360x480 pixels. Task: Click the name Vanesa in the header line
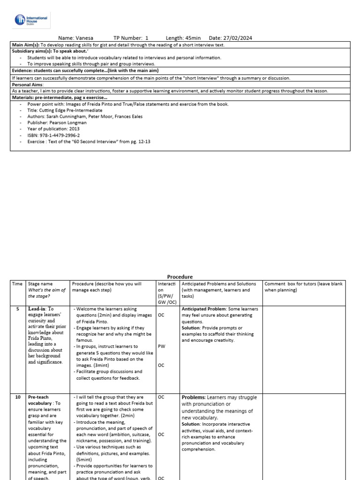[x=84, y=38]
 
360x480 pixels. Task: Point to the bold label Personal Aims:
[x=27, y=84]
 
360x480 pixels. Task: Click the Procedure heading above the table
[x=180, y=277]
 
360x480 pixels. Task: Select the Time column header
[x=17, y=284]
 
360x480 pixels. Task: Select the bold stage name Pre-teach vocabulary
[x=42, y=400]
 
